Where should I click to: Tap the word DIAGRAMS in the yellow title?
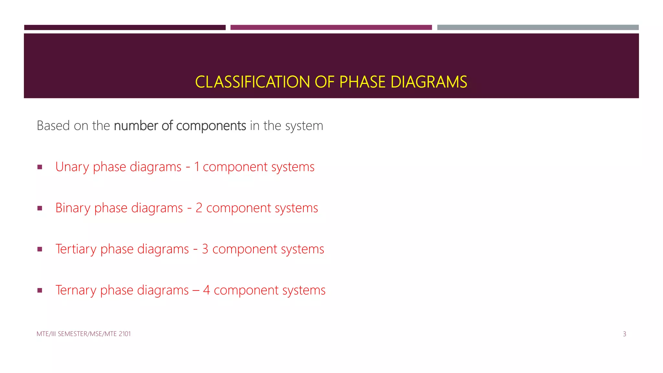(x=429, y=82)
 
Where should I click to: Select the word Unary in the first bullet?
(x=72, y=167)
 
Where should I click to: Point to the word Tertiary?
(x=76, y=249)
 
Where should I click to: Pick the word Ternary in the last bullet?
(x=76, y=290)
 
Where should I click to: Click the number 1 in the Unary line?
(x=197, y=167)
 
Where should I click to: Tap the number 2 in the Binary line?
(x=199, y=208)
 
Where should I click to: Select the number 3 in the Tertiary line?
(x=205, y=249)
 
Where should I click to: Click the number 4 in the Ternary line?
(x=207, y=290)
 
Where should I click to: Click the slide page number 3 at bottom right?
(x=624, y=334)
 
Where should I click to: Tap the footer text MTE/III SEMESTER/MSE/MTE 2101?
(x=84, y=334)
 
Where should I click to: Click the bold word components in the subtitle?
(x=211, y=126)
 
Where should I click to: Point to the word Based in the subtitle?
(x=53, y=126)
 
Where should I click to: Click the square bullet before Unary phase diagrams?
(x=40, y=167)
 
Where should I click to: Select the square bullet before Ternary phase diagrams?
(x=40, y=290)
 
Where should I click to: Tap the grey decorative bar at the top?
(x=538, y=28)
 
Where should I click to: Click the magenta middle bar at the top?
(x=331, y=28)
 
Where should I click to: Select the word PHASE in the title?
(x=362, y=82)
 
